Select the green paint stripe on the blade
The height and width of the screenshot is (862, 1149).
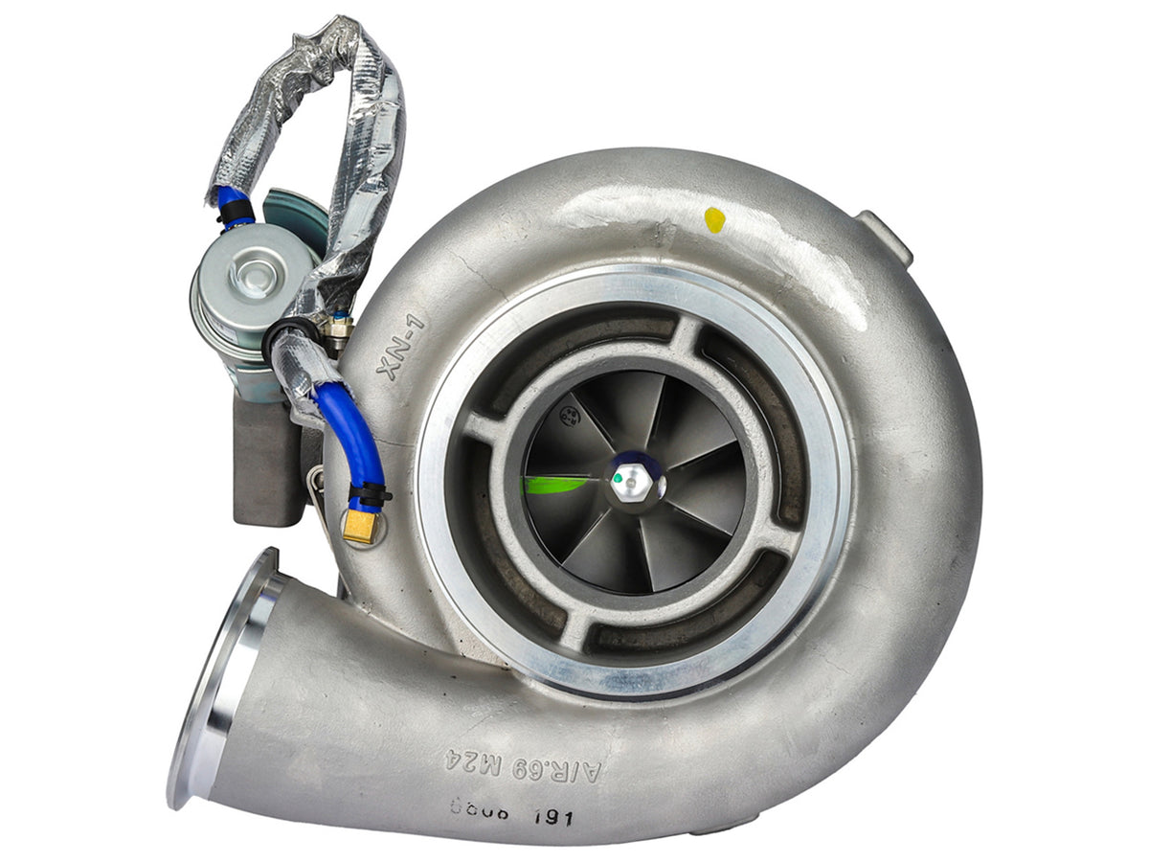pyautogui.click(x=554, y=485)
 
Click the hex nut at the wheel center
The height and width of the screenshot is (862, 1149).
pyautogui.click(x=633, y=483)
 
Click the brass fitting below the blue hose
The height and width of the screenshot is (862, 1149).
pyautogui.click(x=361, y=527)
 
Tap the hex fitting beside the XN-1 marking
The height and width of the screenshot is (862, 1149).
pyautogui.click(x=337, y=329)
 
